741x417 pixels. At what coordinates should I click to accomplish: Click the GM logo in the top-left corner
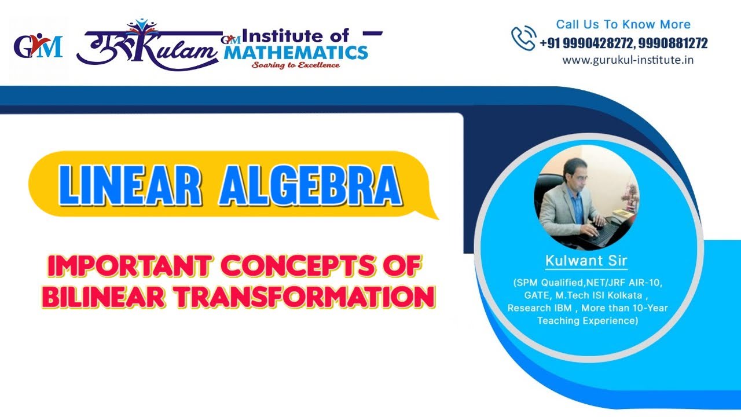coord(38,47)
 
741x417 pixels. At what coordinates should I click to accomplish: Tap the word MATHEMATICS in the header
coord(296,53)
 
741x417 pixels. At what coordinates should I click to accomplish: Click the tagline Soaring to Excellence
coord(295,65)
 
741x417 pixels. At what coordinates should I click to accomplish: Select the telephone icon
coord(523,38)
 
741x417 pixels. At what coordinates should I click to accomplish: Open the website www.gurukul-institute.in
coord(628,60)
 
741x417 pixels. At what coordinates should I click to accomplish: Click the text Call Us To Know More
coord(623,24)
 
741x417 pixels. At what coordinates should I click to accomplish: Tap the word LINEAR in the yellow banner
coord(129,187)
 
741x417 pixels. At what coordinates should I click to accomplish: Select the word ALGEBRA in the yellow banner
coord(310,187)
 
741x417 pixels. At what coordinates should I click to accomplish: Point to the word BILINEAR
coord(106,297)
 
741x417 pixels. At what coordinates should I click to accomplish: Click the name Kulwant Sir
coord(586,261)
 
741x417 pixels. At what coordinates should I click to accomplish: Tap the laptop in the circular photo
coord(602,232)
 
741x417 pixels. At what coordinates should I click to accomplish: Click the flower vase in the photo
coord(630,194)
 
